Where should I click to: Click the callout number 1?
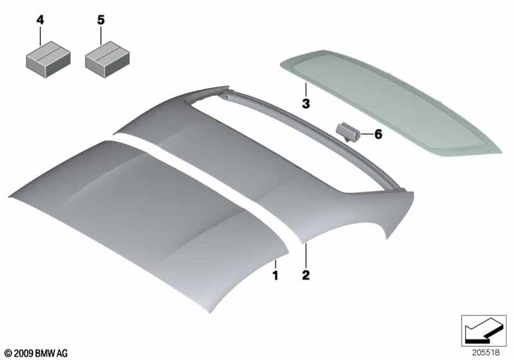point(276,275)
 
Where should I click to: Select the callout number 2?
point(306,275)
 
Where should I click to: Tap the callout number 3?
point(306,104)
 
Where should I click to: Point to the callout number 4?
point(40,21)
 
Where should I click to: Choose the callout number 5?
point(101,21)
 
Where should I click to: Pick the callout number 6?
point(378,134)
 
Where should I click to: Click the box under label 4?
point(48,59)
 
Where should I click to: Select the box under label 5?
point(107,59)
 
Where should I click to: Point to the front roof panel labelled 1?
point(144,223)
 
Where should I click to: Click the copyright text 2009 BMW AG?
point(37,353)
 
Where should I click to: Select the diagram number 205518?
point(486,352)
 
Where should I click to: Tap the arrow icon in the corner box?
point(484,330)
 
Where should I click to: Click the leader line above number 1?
point(276,264)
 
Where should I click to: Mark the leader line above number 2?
point(306,256)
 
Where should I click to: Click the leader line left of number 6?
point(366,134)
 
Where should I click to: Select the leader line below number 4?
point(40,36)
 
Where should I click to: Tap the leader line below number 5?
point(101,36)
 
